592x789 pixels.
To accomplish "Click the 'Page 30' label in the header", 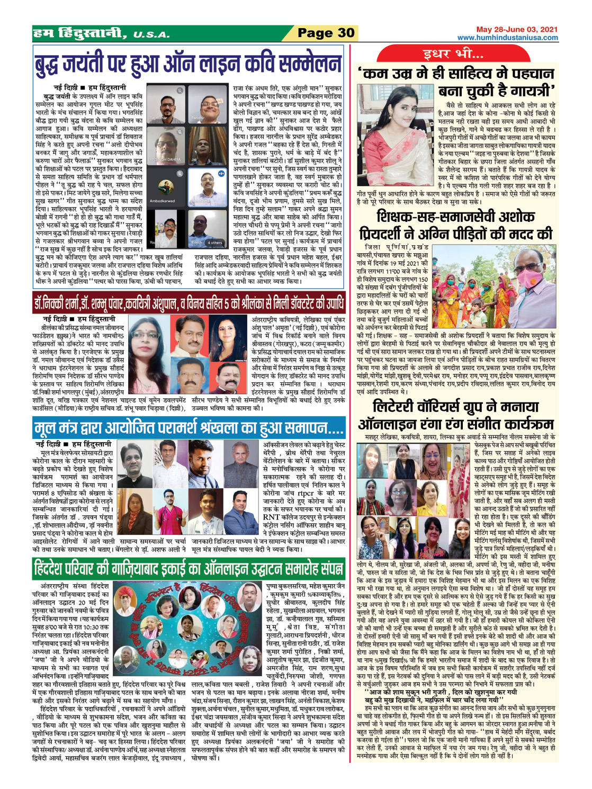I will [x=326, y=33].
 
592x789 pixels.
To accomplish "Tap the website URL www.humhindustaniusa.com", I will [x=507, y=38].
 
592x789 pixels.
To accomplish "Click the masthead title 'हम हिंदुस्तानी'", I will [x=79, y=34].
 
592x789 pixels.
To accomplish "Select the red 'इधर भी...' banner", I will [x=453, y=54].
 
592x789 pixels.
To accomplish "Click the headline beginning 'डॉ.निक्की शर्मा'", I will [x=188, y=304].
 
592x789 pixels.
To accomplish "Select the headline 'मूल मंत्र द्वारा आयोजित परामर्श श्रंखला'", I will [x=188, y=427].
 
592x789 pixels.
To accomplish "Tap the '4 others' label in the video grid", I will [x=215, y=243].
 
